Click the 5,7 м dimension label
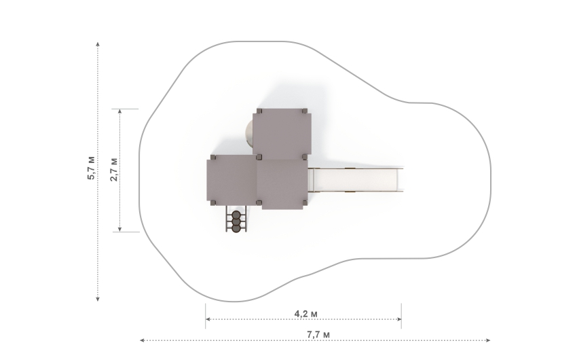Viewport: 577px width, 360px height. click(x=91, y=168)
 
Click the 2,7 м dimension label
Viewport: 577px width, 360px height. click(x=114, y=170)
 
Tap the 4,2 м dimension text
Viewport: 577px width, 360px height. click(x=305, y=314)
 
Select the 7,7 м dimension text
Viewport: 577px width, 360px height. click(x=318, y=335)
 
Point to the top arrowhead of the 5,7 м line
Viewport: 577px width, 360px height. click(x=98, y=44)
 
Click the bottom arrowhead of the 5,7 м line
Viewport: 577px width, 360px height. click(x=98, y=299)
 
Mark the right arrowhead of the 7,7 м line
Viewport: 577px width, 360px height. click(x=488, y=340)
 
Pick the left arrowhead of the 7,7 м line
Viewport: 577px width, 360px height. click(x=143, y=340)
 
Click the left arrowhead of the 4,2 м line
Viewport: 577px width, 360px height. click(x=208, y=319)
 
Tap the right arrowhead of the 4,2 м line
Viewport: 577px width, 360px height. click(x=399, y=319)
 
